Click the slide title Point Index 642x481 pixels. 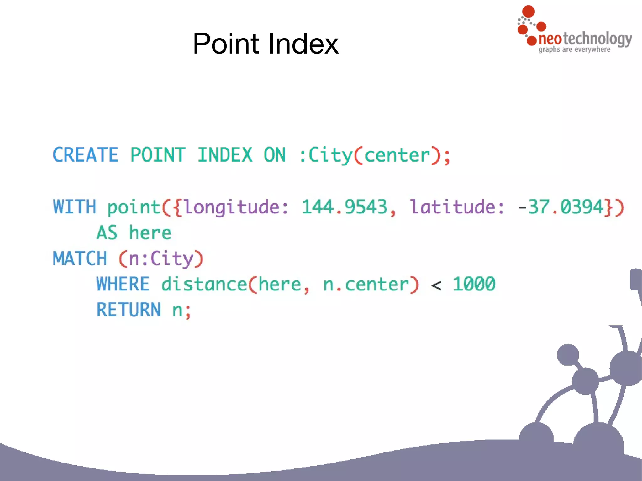(x=266, y=44)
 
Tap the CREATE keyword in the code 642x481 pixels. (x=85, y=155)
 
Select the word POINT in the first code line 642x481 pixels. (x=158, y=155)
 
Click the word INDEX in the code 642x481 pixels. (x=225, y=155)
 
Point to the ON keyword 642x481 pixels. (x=275, y=155)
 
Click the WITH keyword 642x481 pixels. (x=75, y=207)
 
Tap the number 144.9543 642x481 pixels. (x=344, y=207)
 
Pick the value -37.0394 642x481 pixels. (x=561, y=207)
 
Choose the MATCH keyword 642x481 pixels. (x=80, y=259)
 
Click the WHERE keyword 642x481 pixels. (x=123, y=284)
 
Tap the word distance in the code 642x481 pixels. (x=204, y=284)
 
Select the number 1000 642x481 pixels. (x=474, y=284)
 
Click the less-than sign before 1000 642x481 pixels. (x=436, y=285)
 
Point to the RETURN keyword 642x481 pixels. (x=129, y=310)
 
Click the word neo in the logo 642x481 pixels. (x=550, y=39)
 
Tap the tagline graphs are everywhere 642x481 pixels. (x=574, y=50)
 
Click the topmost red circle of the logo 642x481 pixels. (x=529, y=11)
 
